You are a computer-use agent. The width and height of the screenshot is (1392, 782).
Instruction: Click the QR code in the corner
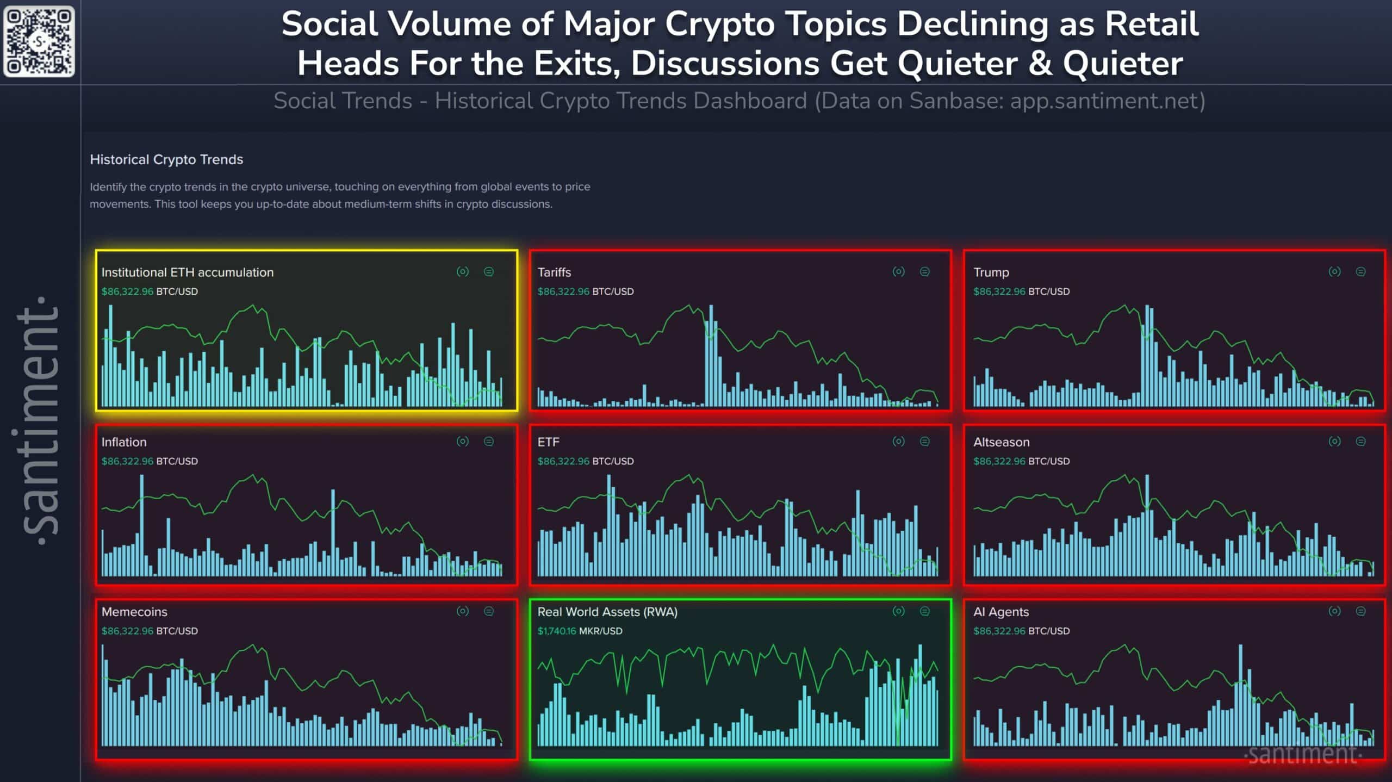click(x=39, y=41)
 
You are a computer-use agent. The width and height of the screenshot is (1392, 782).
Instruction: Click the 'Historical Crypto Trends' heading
click(x=166, y=159)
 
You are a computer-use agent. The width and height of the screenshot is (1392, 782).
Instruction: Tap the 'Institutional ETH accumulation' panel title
click(x=187, y=272)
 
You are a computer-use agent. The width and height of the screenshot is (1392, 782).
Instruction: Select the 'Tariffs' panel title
click(x=554, y=272)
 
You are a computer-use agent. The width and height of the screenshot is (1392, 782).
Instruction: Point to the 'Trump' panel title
click(x=991, y=272)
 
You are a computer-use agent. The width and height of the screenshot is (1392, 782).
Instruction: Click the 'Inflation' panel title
click(x=124, y=442)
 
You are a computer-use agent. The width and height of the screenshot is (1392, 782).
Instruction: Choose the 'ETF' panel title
click(x=548, y=442)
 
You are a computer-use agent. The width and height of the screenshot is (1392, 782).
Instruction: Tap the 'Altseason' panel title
click(x=1001, y=442)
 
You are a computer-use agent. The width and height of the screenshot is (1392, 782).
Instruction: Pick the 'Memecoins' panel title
click(x=134, y=612)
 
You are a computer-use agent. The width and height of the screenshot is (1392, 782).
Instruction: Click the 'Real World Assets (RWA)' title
click(x=607, y=612)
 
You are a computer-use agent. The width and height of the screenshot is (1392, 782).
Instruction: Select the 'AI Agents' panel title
click(x=1001, y=612)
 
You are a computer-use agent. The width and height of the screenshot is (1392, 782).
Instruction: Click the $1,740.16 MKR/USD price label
click(x=580, y=631)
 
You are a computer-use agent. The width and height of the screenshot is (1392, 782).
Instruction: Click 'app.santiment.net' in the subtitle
click(x=1104, y=101)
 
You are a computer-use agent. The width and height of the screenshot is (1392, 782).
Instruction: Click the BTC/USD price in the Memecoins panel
click(x=150, y=631)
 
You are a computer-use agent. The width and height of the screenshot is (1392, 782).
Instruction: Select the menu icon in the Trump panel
click(x=1360, y=272)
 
